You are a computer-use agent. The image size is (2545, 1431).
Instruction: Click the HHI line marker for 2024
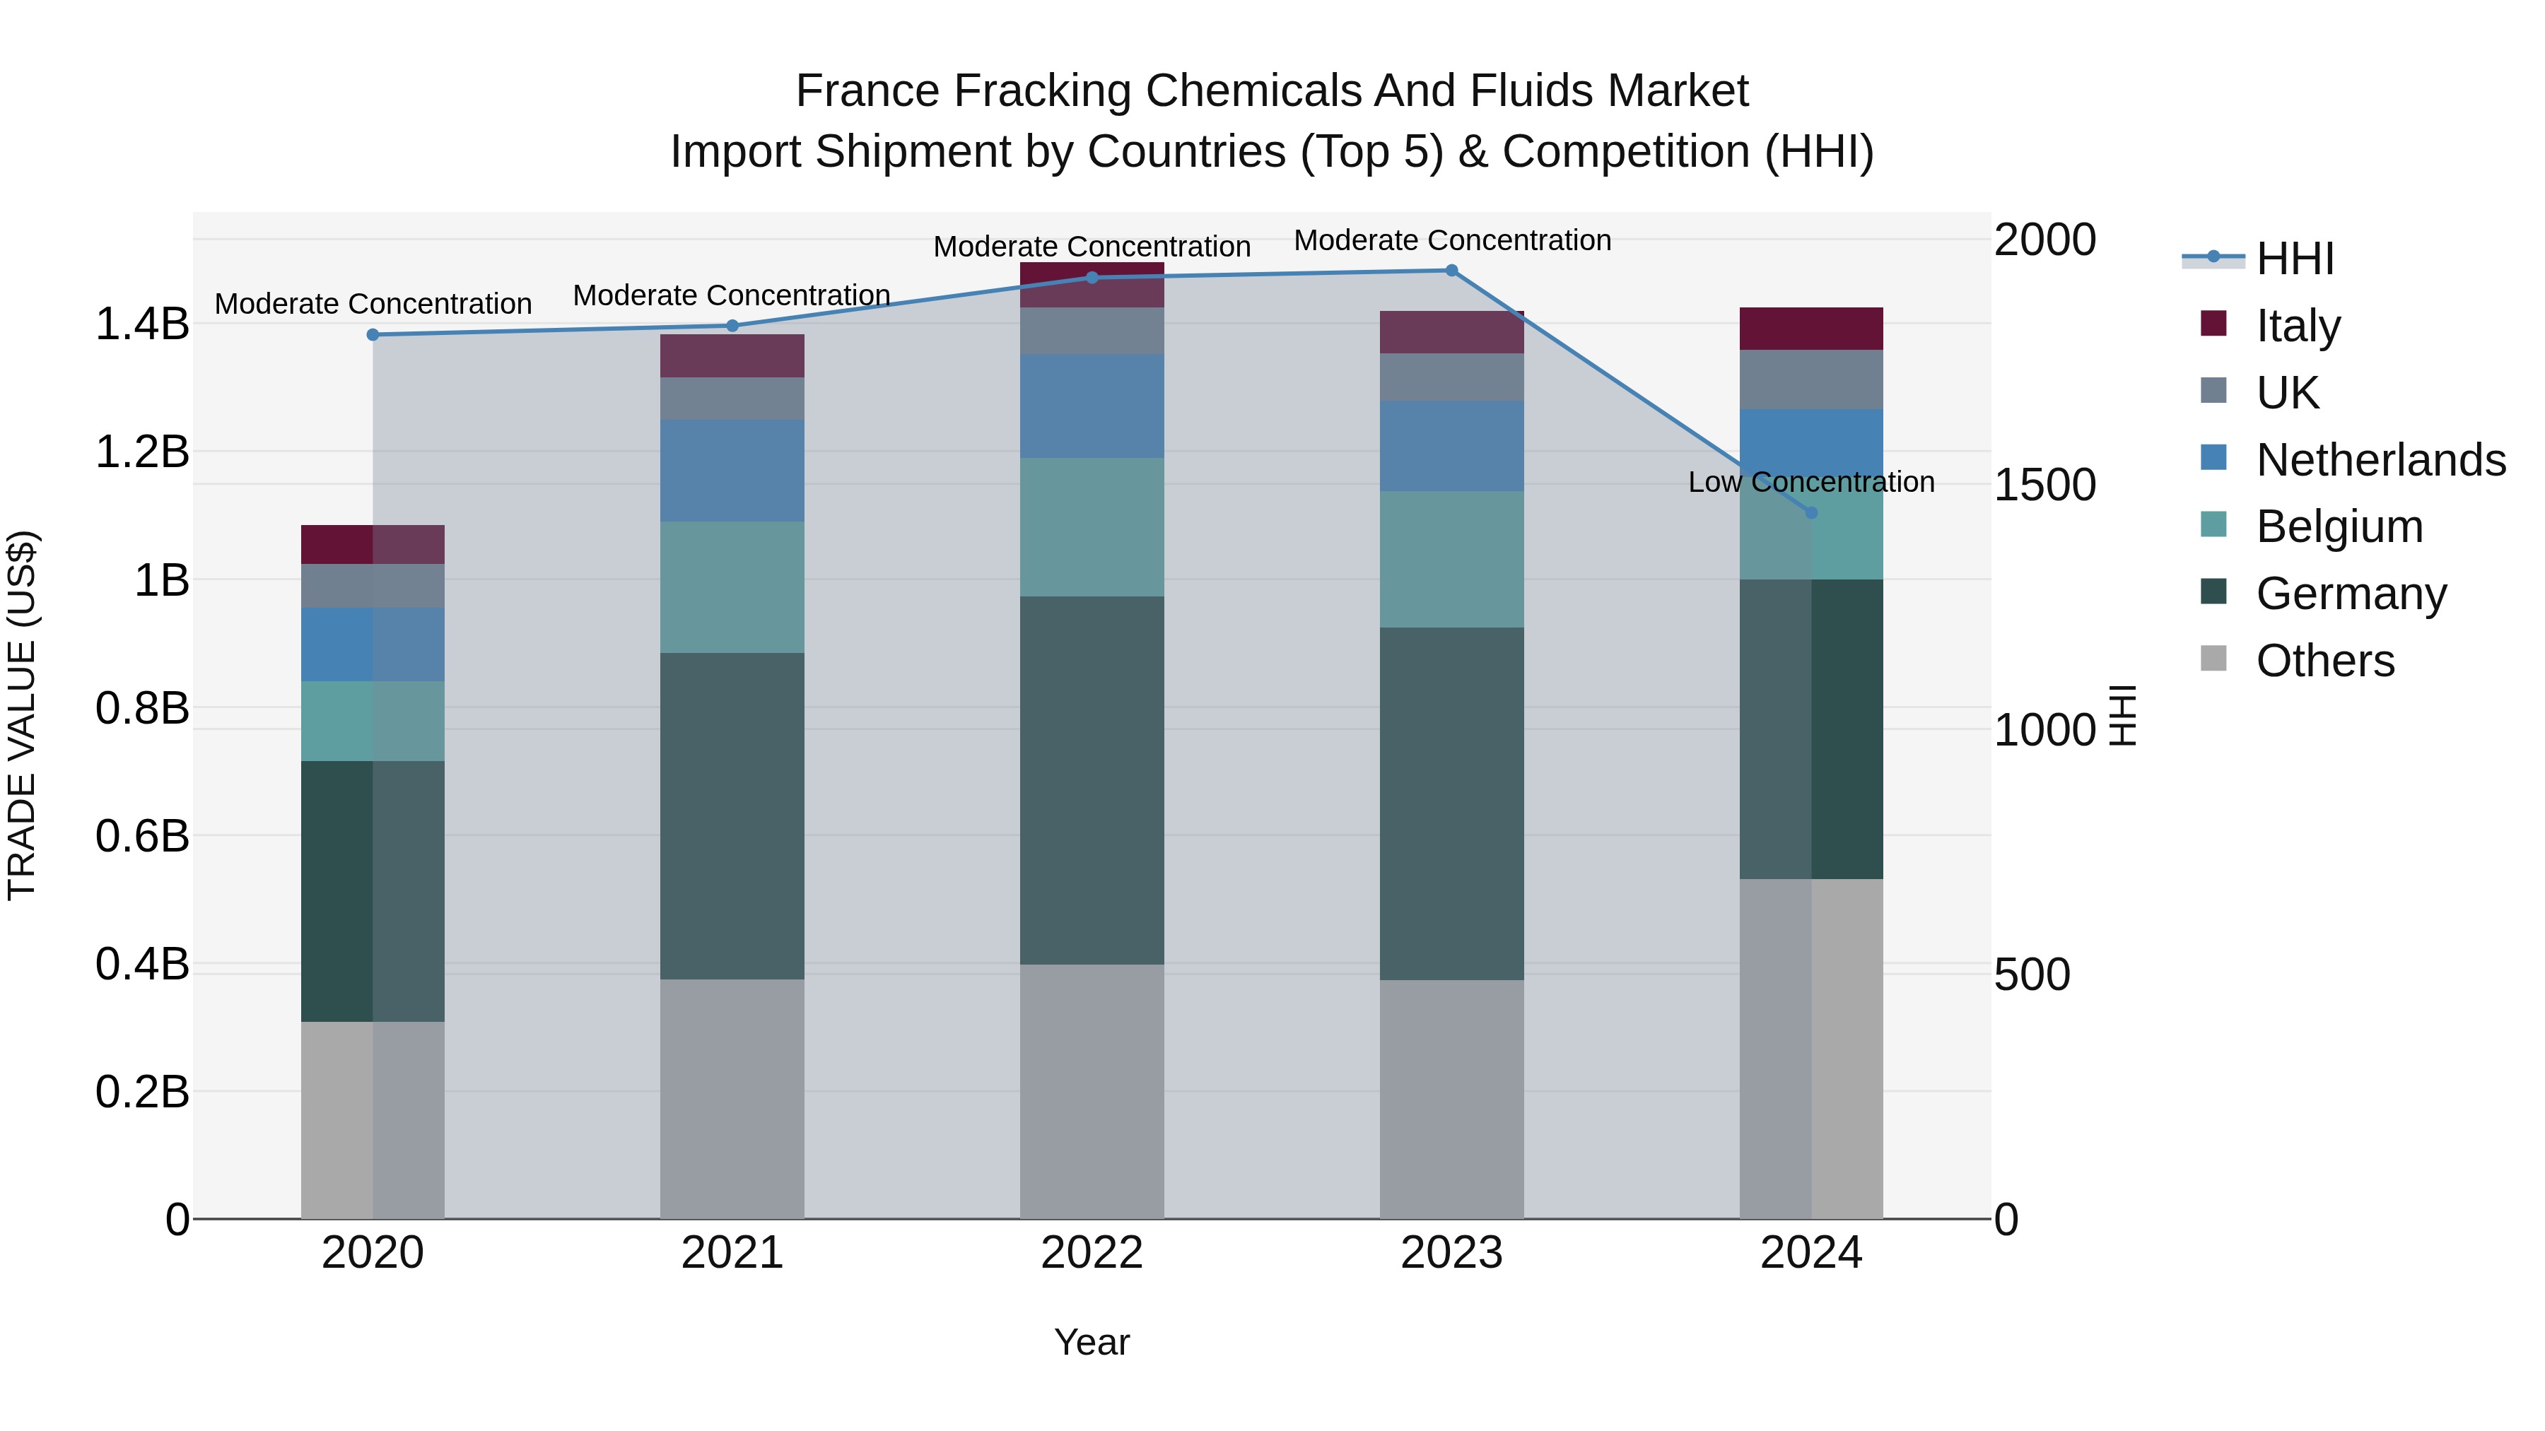(1811, 512)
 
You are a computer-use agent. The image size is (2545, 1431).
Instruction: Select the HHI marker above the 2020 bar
(373, 335)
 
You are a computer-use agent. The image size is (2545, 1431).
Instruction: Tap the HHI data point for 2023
(1451, 271)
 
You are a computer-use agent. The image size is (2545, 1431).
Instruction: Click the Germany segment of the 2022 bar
(1092, 780)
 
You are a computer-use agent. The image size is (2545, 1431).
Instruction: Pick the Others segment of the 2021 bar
(732, 1098)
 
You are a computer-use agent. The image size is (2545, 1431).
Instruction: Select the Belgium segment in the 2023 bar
(1451, 559)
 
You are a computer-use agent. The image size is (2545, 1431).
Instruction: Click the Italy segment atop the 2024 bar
(1811, 329)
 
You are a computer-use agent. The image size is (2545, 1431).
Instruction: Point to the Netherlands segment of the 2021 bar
(732, 470)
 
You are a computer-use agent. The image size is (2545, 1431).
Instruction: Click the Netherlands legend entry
(2379, 460)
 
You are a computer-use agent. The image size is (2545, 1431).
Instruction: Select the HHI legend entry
(2294, 259)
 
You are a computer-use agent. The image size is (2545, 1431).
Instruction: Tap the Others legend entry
(2324, 661)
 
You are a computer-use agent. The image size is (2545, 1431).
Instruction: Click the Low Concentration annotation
(1811, 482)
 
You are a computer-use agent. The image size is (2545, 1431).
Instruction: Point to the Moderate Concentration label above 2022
(1092, 246)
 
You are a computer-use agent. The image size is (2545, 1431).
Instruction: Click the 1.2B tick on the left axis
(142, 452)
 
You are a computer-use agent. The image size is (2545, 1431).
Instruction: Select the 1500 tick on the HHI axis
(2044, 485)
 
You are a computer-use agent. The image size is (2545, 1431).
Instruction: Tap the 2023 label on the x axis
(1451, 1253)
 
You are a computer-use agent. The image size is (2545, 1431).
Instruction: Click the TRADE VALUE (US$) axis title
(22, 715)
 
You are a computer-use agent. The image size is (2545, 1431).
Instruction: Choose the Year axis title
(1092, 1342)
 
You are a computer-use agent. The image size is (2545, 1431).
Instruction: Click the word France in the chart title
(867, 91)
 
